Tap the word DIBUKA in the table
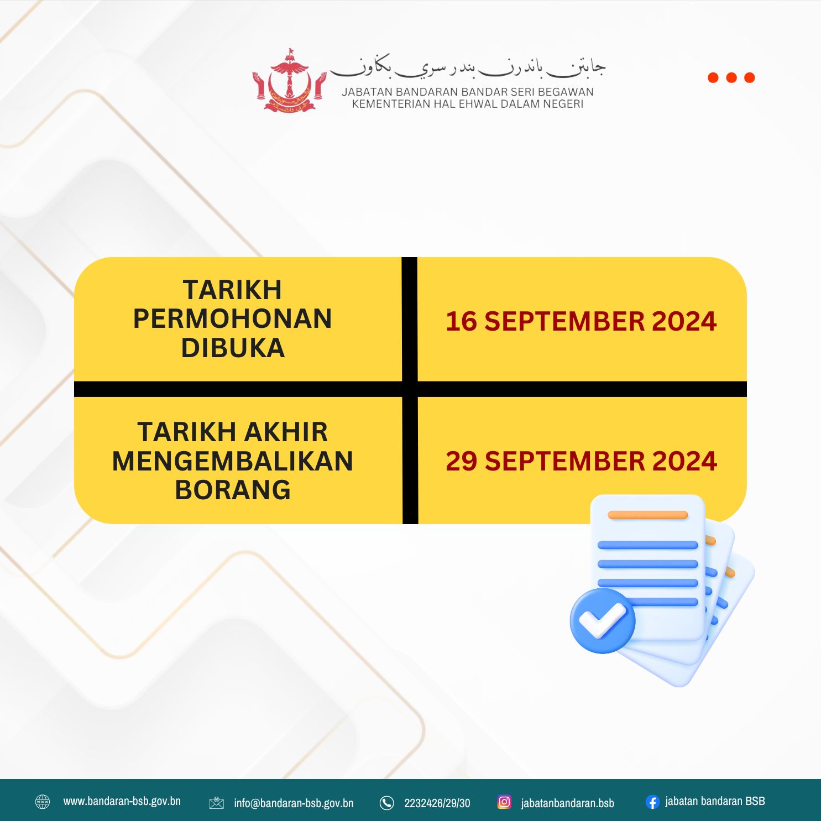coord(233,348)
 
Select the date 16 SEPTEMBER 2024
coord(581,321)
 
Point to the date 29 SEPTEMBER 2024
coord(581,461)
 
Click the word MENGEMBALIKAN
coord(233,461)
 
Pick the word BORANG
coord(233,490)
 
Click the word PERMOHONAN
coord(233,319)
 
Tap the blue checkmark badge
coord(603,620)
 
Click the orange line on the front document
coord(647,515)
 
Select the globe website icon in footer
coord(43,802)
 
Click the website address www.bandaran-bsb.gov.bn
coord(122,801)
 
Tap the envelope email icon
coord(217,803)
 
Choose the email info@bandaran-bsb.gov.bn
coord(294,803)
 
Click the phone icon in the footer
coord(387,803)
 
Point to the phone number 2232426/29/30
coord(437,803)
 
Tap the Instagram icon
coord(504,802)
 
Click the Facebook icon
coord(653,802)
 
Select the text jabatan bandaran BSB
coord(715,801)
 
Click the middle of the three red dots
coord(731,77)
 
